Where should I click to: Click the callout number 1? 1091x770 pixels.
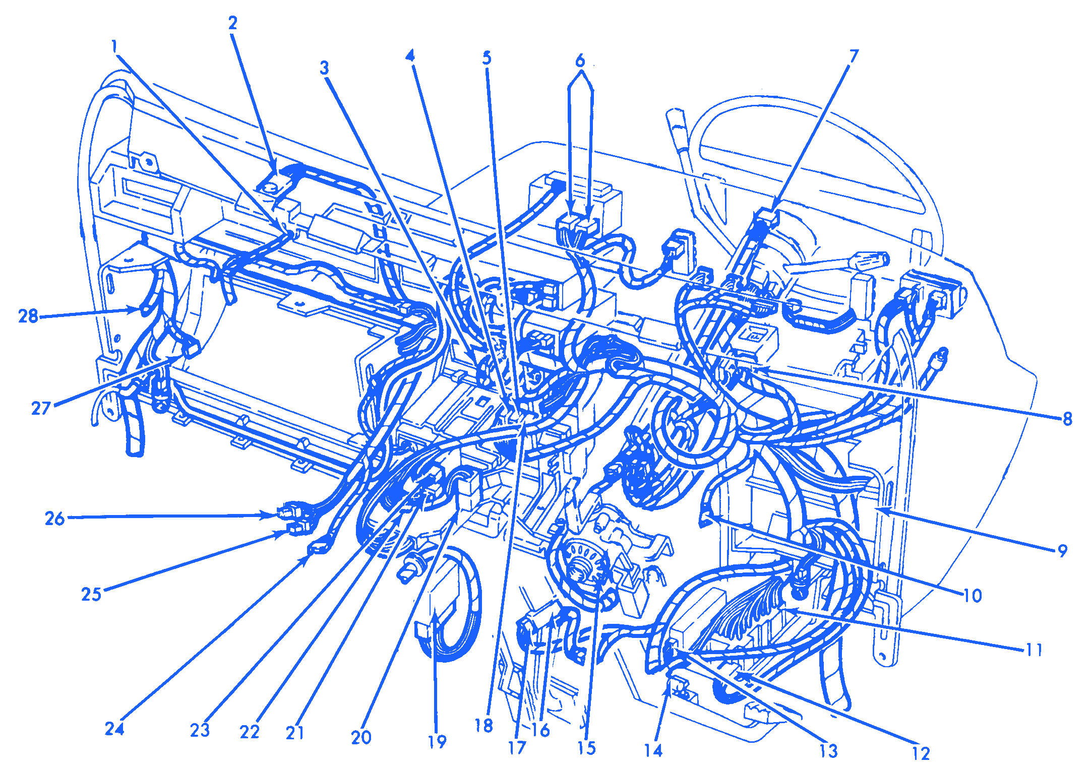[x=114, y=47]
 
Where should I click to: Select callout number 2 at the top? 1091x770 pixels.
[x=232, y=23]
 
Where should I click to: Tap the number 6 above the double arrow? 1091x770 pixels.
[x=580, y=61]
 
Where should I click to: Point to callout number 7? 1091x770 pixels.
[x=854, y=56]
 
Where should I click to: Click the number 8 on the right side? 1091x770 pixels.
[x=1067, y=419]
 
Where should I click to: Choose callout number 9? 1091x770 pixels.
[x=1062, y=551]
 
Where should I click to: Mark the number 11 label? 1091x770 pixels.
[x=1034, y=650]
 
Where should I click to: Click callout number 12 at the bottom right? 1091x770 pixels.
[x=921, y=753]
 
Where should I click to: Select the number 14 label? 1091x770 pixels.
[x=653, y=751]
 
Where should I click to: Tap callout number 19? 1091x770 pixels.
[x=437, y=742]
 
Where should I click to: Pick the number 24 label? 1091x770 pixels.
[x=114, y=729]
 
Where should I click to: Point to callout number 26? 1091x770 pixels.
[x=55, y=519]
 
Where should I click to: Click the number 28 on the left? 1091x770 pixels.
[x=28, y=316]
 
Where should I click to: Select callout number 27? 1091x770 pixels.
[x=41, y=408]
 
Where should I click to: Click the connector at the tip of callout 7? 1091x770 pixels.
[x=766, y=218]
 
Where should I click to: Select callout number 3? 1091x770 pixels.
[x=325, y=68]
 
